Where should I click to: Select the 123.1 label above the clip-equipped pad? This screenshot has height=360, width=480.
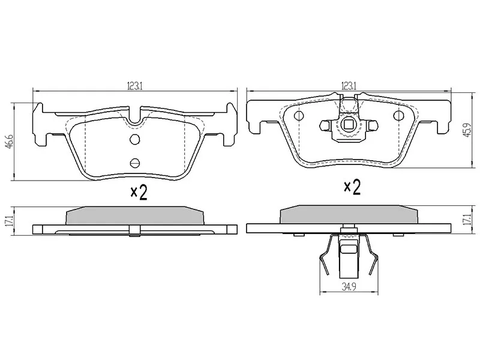(349, 86)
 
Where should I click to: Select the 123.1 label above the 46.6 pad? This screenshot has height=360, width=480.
(134, 86)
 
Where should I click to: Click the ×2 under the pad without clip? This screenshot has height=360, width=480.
(139, 192)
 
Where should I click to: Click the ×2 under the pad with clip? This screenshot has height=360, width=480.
(352, 187)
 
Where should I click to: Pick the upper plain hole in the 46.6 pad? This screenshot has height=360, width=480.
(134, 140)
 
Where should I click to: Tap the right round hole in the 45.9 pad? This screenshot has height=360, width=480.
(398, 115)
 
